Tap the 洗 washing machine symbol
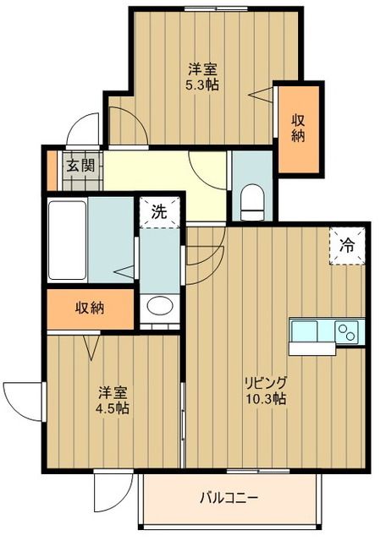point(159,212)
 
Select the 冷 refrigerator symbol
point(347,246)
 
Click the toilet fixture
point(251,201)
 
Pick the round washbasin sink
point(158,307)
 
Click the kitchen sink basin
point(305,330)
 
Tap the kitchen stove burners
point(347,331)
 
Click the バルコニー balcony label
point(229,498)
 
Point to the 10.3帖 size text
point(266,398)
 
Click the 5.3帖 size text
point(203,85)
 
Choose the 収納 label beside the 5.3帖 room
point(301,128)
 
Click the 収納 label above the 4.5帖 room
point(89,309)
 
